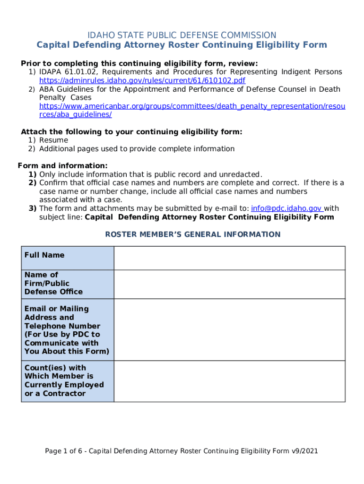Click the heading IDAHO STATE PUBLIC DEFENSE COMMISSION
tap(182, 35)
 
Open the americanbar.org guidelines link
tap(192, 106)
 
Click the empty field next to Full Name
tap(229, 258)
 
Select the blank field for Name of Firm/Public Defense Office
tap(229, 284)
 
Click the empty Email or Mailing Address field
tap(229, 330)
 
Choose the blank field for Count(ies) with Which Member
tap(229, 381)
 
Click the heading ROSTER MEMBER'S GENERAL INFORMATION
tap(192, 234)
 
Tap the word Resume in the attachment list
tap(53, 140)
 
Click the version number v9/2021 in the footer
tap(305, 451)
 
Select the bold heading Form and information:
tap(62, 166)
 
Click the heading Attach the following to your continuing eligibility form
tap(131, 132)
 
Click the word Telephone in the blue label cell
tap(44, 326)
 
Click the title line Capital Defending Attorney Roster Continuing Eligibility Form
tap(182, 45)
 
